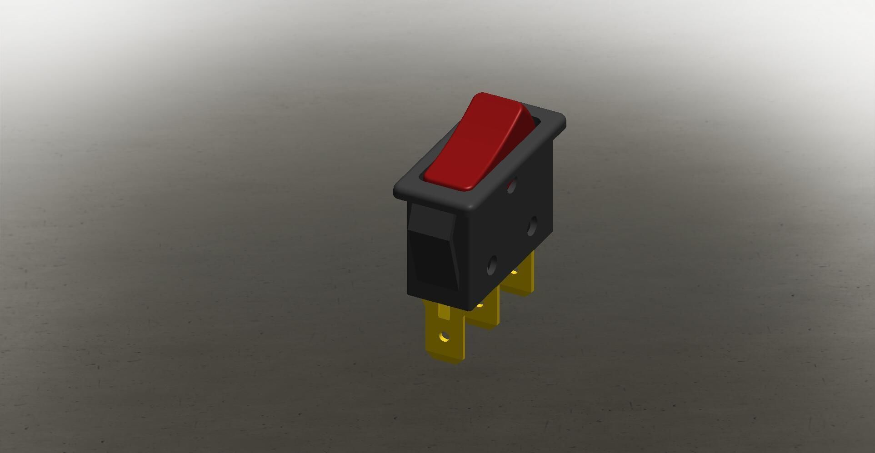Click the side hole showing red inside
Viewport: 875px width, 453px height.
(511, 185)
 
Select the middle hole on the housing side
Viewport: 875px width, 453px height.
(532, 226)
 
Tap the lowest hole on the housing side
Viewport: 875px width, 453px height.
(492, 265)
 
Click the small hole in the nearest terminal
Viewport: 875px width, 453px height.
(445, 337)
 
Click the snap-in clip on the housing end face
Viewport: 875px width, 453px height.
(432, 248)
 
